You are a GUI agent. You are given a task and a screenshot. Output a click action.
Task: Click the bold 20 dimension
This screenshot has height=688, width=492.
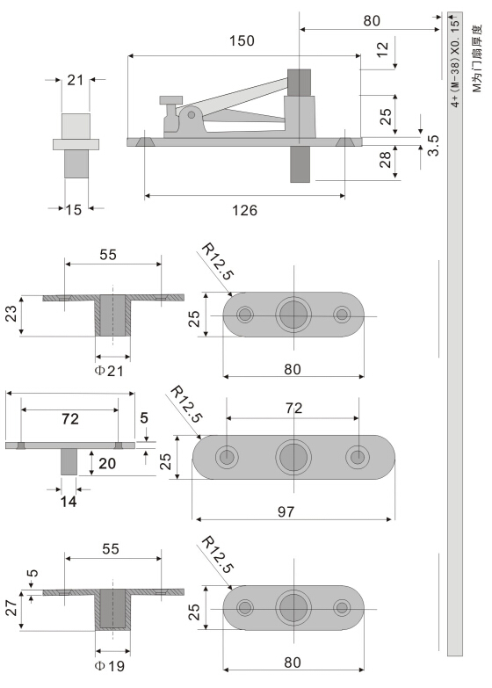pyautogui.click(x=105, y=463)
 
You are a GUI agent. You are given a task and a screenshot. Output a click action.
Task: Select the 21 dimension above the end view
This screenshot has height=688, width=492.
pyautogui.click(x=75, y=81)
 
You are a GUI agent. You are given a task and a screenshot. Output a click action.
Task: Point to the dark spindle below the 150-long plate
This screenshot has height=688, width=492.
pyautogui.click(x=300, y=163)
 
